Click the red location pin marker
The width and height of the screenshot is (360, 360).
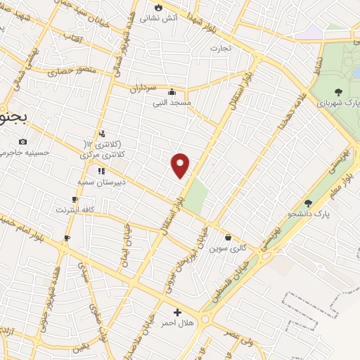pyautogui.click(x=181, y=165)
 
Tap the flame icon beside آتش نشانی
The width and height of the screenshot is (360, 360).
pyautogui.click(x=159, y=8)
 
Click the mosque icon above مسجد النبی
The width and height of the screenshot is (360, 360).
pyautogui.click(x=172, y=91)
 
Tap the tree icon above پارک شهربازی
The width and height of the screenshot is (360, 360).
pyautogui.click(x=339, y=91)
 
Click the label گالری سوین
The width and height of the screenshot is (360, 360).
pyautogui.click(x=231, y=248)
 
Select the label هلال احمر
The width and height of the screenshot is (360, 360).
pyautogui.click(x=177, y=322)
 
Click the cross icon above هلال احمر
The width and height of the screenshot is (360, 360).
pyautogui.click(x=177, y=311)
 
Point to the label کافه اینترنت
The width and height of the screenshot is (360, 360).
pyautogui.click(x=73, y=210)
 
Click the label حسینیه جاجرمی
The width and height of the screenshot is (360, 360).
pyautogui.click(x=25, y=153)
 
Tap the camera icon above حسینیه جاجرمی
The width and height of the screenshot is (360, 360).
pyautogui.click(x=22, y=141)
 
